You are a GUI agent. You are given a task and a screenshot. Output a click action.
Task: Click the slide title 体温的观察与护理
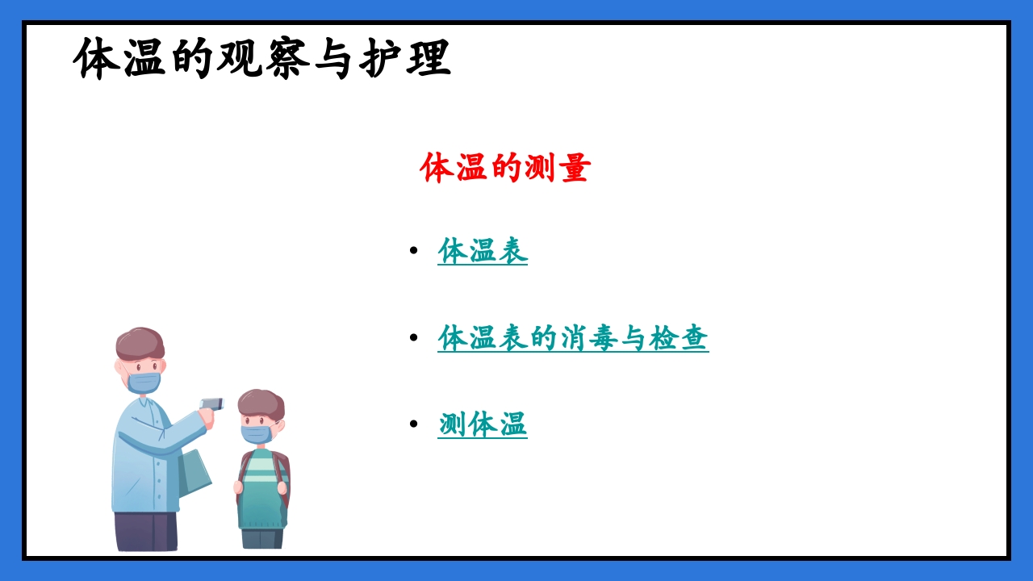click(x=261, y=58)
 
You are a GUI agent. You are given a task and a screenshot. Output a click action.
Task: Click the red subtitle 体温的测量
click(x=505, y=168)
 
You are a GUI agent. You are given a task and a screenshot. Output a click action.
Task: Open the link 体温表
click(x=483, y=251)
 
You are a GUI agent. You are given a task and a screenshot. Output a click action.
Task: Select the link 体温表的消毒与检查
click(x=573, y=337)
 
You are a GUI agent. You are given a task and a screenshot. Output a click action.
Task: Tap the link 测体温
click(x=483, y=424)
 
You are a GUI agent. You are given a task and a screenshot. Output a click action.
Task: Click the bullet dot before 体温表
click(x=414, y=251)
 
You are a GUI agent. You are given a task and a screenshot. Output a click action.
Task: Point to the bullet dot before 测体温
click(x=414, y=424)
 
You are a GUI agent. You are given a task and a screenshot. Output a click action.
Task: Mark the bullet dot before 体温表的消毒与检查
click(x=414, y=337)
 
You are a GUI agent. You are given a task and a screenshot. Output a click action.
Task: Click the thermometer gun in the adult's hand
click(x=211, y=403)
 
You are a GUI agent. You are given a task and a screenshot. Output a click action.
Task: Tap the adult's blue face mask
click(x=144, y=382)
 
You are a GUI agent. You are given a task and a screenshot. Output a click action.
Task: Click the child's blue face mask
click(x=256, y=434)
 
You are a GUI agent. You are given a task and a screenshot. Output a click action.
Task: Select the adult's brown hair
click(x=140, y=343)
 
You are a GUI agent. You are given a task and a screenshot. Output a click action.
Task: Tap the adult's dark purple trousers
click(x=145, y=531)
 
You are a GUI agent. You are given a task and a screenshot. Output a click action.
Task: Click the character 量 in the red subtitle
click(x=575, y=168)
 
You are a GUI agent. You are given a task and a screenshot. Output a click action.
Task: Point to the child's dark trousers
click(x=261, y=538)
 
